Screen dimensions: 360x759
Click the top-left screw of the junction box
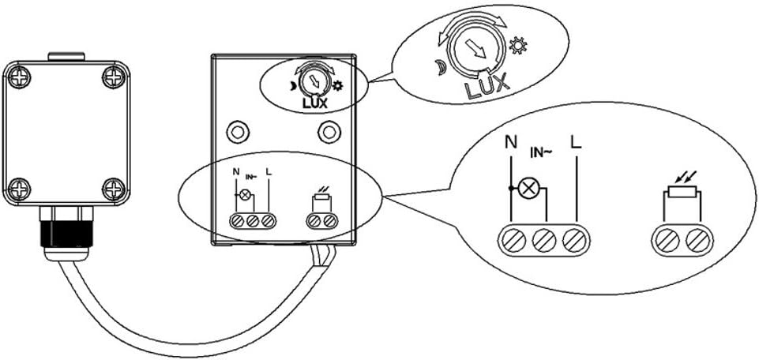(x=18, y=77)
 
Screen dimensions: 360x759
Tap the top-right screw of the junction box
(x=115, y=77)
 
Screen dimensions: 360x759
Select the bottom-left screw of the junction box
(x=18, y=189)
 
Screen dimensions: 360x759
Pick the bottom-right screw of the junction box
(x=115, y=189)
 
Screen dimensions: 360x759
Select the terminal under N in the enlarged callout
(x=511, y=238)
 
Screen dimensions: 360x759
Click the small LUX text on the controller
(x=314, y=101)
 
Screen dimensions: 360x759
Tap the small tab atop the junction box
(x=66, y=56)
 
